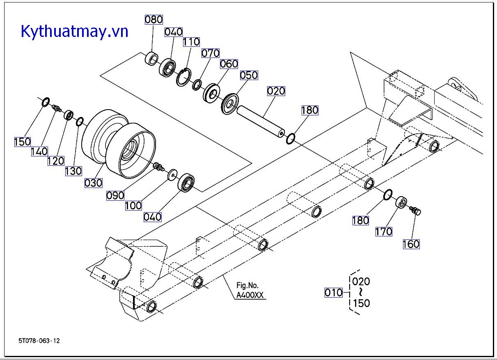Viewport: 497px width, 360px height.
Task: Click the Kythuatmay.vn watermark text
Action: tap(75, 31)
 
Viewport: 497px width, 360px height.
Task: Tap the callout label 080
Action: tap(153, 19)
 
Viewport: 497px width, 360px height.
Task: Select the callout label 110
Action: tap(191, 41)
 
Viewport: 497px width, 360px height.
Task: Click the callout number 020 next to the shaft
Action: tap(276, 91)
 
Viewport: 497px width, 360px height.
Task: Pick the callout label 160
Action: tap(411, 244)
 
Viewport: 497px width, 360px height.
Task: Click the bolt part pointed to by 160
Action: tap(415, 211)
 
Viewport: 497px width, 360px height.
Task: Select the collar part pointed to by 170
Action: tap(401, 202)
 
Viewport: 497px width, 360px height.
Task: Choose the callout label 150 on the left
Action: tap(23, 142)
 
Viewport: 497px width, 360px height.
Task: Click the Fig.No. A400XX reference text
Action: tap(250, 291)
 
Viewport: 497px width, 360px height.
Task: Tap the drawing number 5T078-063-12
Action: tap(39, 341)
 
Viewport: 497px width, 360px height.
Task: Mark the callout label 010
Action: tap(333, 293)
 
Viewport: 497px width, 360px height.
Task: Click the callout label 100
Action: tap(133, 205)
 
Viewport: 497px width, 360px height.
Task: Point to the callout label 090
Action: tap(115, 195)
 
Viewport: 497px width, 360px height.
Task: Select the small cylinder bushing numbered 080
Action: tap(152, 59)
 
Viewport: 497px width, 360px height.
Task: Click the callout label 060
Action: tap(229, 64)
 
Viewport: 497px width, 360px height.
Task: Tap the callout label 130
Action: tap(73, 170)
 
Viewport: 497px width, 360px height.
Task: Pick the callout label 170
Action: tap(384, 232)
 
